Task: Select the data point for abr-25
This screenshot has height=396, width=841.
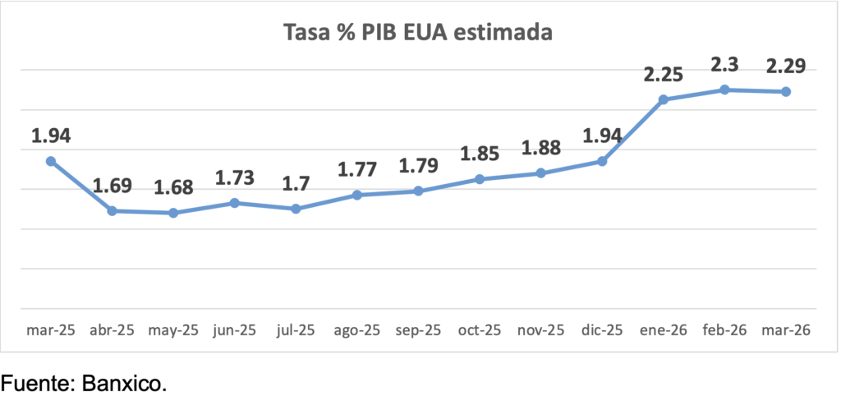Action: point(113,211)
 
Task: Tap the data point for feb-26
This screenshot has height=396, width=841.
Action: point(724,90)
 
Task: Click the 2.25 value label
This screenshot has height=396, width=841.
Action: point(664,74)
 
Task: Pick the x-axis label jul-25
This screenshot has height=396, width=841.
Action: point(296,330)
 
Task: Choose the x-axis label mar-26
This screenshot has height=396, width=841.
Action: point(786,330)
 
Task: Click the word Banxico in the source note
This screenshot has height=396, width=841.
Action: point(122,382)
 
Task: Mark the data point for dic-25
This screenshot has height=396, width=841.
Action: point(602,161)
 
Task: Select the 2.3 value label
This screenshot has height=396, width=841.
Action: point(724,63)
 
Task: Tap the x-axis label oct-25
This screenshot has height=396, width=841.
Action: point(480,330)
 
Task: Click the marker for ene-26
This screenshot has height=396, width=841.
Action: point(664,99)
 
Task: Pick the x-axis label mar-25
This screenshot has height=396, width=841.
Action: point(51,330)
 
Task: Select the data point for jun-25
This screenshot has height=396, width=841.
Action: point(235,203)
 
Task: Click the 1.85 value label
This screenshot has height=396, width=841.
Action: point(480,153)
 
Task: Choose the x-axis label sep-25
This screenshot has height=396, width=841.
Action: point(418,330)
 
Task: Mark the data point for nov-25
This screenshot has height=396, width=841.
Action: point(540,173)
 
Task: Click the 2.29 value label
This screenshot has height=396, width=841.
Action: point(786,65)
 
